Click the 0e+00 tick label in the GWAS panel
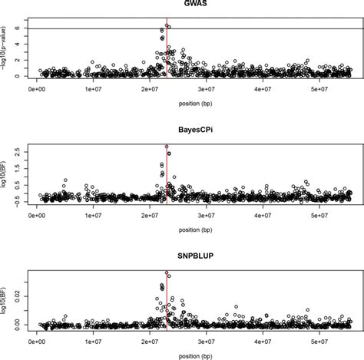tap(37, 91)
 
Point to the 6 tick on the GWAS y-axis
tap(15, 29)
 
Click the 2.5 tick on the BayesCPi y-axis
tap(15, 153)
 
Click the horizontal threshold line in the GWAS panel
tap(269, 29)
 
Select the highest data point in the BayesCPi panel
tap(167, 147)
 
